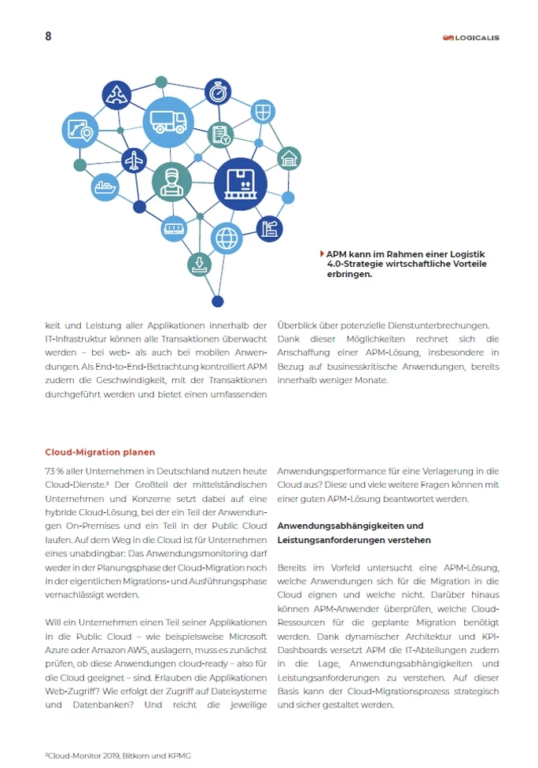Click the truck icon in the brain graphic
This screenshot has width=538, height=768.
(x=168, y=121)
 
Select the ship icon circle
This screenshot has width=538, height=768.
(x=105, y=187)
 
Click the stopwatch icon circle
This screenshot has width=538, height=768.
(x=217, y=92)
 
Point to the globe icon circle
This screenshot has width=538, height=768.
(x=227, y=238)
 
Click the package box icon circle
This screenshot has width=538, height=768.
(x=241, y=184)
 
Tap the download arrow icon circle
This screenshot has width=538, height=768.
(x=199, y=264)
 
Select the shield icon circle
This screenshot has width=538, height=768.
(x=263, y=111)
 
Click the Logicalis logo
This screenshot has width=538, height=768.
(x=470, y=37)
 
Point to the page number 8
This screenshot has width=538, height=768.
(x=49, y=36)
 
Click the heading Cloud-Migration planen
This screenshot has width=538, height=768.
(x=100, y=452)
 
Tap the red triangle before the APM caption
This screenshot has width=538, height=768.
(x=322, y=253)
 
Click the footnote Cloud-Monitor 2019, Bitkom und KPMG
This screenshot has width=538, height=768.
(x=118, y=755)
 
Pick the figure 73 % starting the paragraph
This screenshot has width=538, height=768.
(x=54, y=471)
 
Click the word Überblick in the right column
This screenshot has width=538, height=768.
(x=299, y=325)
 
